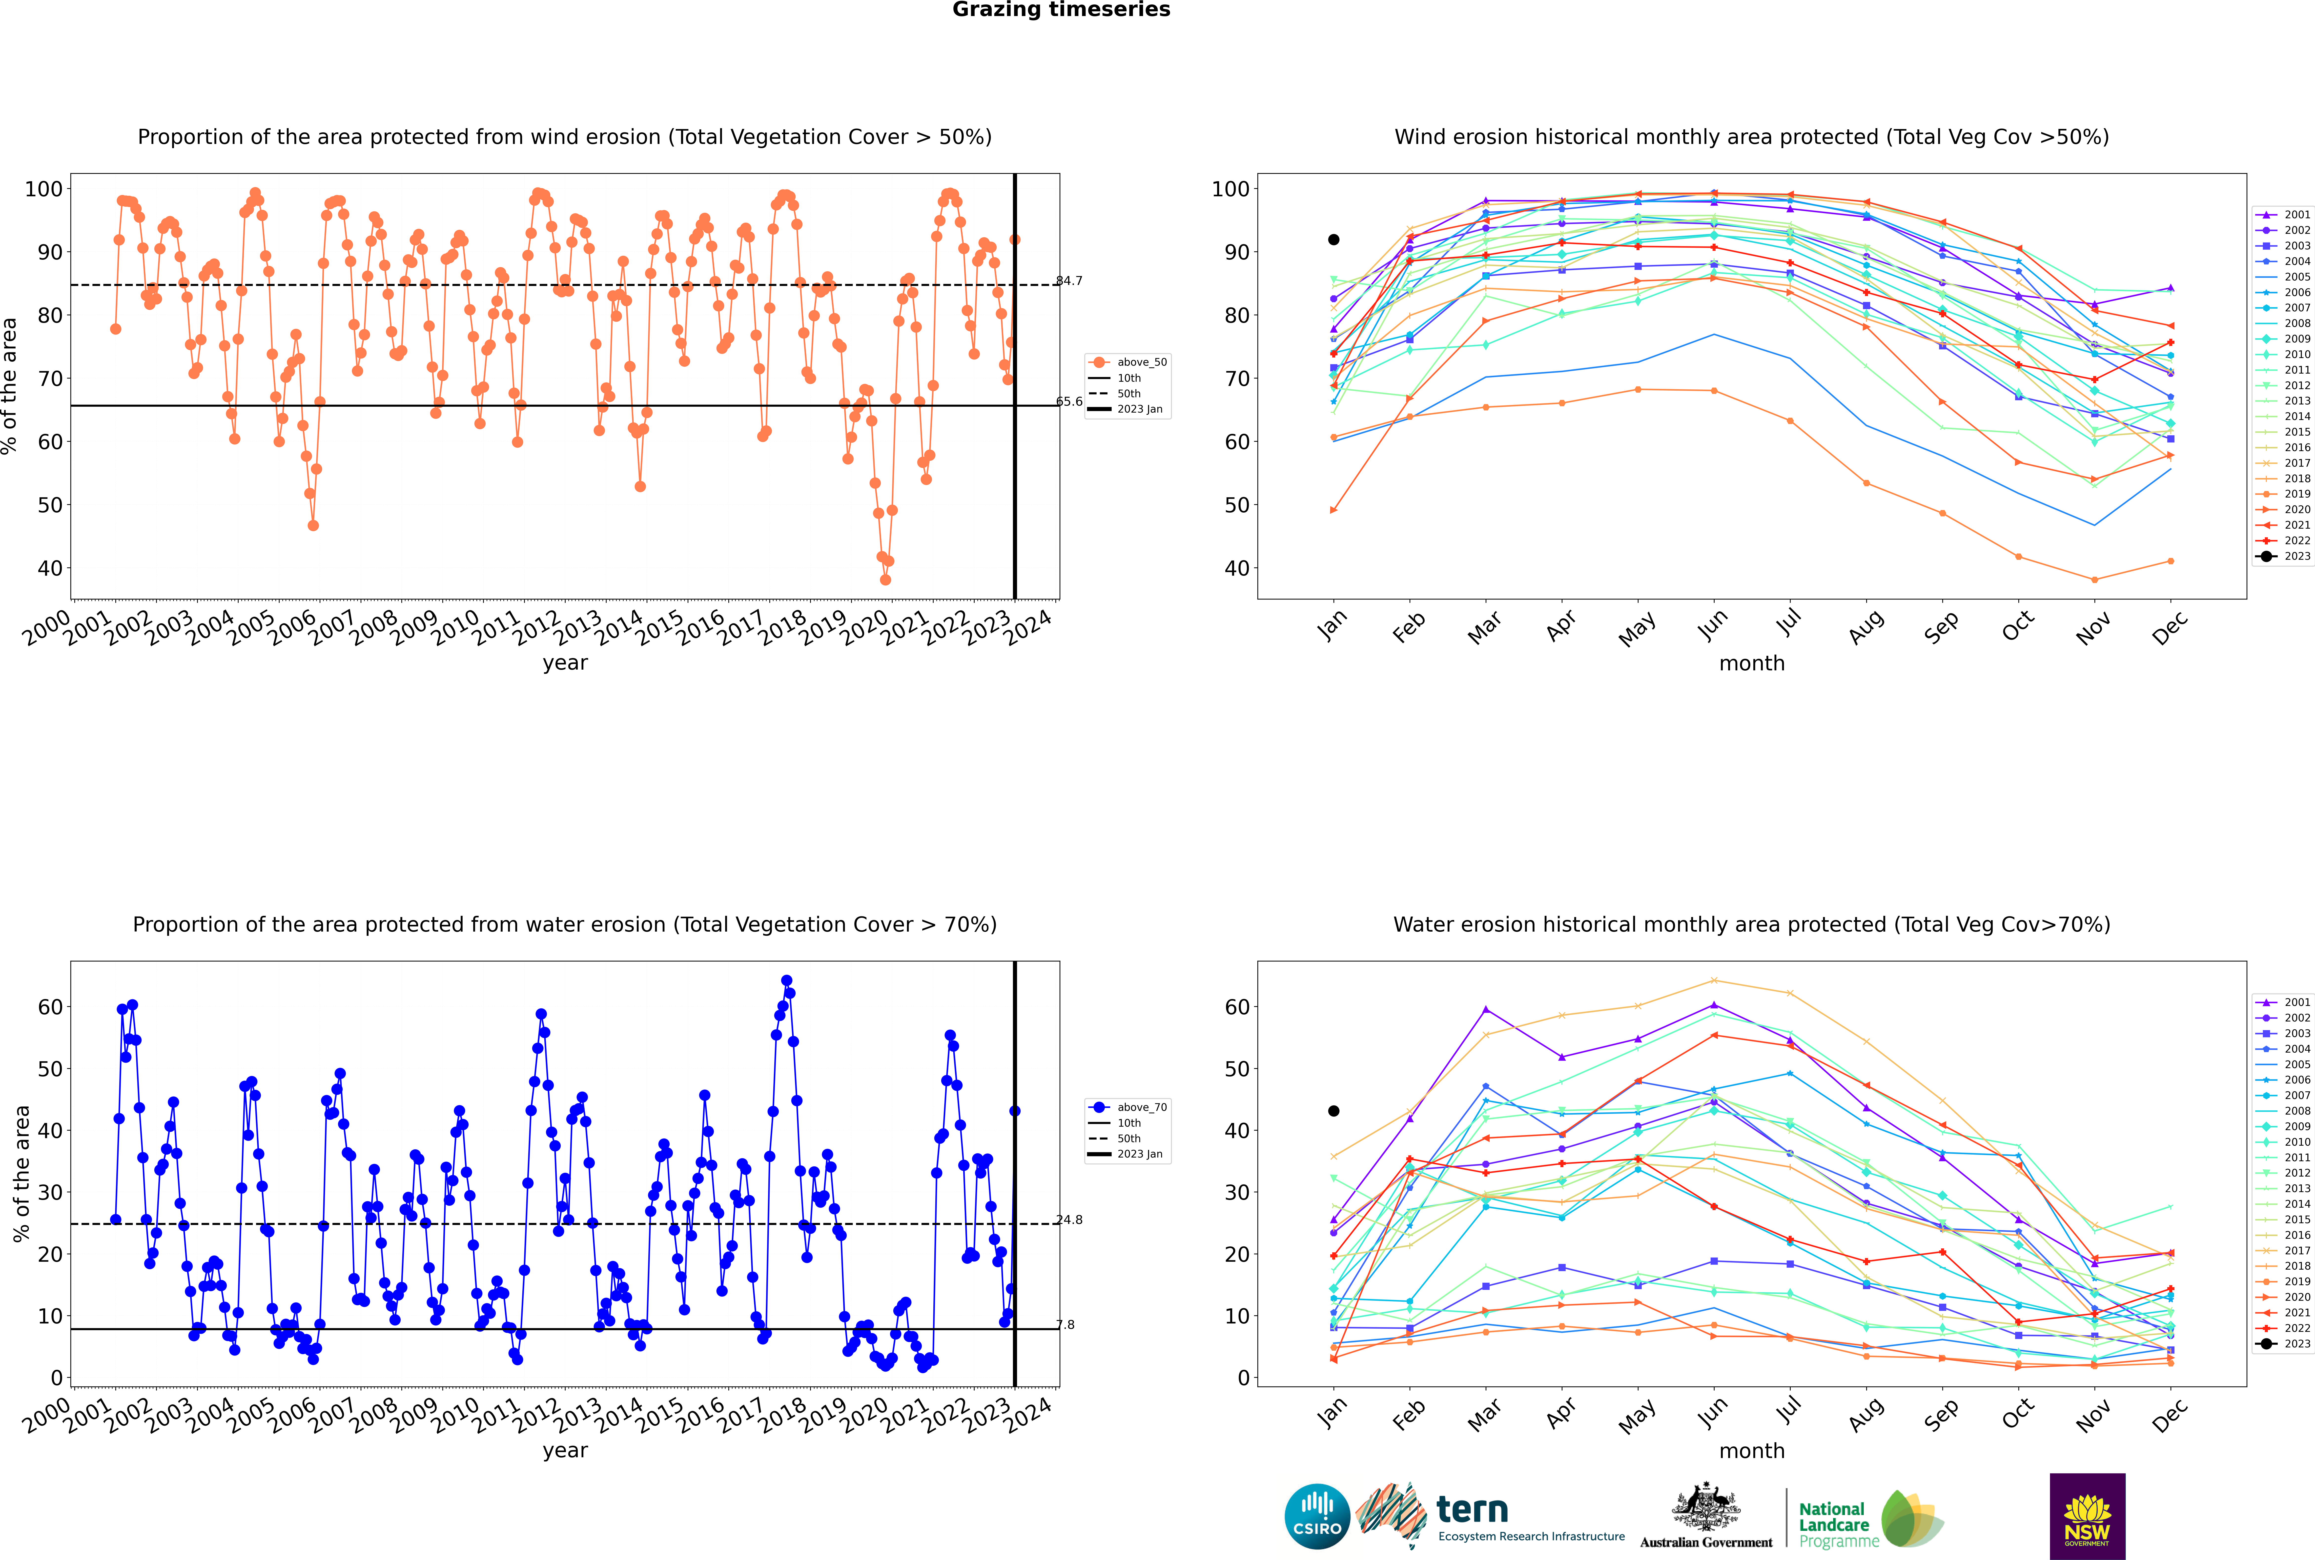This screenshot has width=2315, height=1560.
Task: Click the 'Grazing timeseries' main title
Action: [x=1061, y=10]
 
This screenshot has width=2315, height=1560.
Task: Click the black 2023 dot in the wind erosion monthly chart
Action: [x=1334, y=240]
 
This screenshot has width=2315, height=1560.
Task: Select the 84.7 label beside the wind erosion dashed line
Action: [x=1069, y=280]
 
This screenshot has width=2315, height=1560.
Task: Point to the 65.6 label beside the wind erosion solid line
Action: [x=1069, y=402]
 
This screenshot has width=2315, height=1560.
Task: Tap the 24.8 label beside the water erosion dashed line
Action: [x=1069, y=1220]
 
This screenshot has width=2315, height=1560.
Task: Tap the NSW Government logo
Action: [x=2087, y=1516]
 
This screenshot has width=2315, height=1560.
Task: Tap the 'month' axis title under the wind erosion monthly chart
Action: [x=1752, y=664]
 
